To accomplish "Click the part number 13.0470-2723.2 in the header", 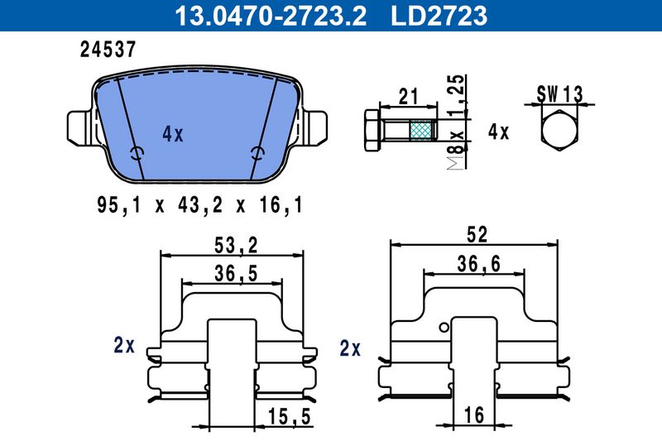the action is coord(271,15).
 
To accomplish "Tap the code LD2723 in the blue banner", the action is coord(439,15).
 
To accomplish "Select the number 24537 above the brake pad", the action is coord(108,50).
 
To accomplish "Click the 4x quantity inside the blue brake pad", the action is coord(173,134).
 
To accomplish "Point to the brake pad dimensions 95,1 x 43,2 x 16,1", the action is coord(200,205).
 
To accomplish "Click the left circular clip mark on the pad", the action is coord(137,153).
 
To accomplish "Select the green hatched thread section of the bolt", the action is coord(423,130).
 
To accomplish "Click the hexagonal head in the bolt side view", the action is coord(372,131).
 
